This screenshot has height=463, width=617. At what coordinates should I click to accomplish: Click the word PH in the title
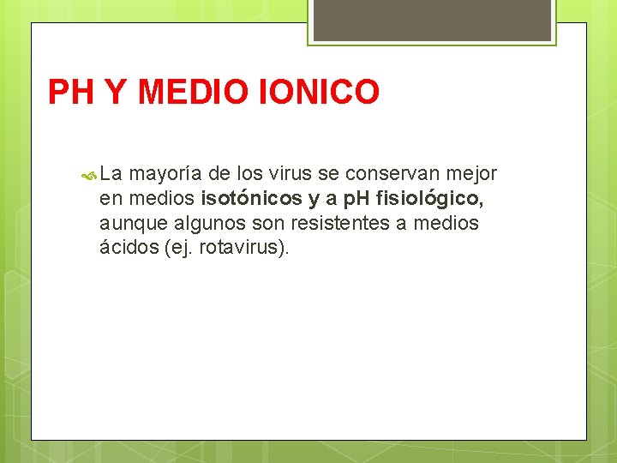pos(71,92)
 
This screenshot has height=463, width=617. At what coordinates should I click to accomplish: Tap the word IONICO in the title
pos(318,92)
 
